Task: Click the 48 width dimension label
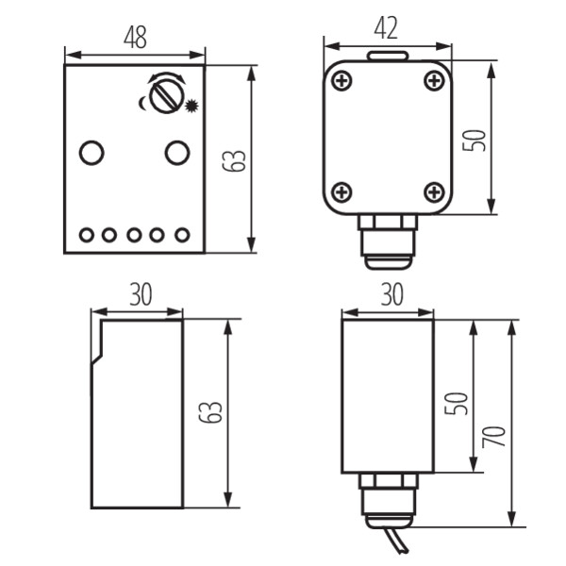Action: coord(135,37)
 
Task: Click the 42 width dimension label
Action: coord(386,28)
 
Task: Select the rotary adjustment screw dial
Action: coord(166,96)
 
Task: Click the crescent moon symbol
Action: coord(142,103)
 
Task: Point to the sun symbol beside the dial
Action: coord(191,106)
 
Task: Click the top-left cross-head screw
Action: coord(341,81)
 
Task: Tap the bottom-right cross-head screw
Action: coord(434,192)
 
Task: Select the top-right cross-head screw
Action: coord(434,81)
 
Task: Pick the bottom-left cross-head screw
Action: coord(341,192)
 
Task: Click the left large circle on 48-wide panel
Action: coord(92,153)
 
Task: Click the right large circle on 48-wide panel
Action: coord(177,153)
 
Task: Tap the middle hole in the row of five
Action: coord(134,235)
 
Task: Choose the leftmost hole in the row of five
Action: coord(87,235)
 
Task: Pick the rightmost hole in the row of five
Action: coord(182,235)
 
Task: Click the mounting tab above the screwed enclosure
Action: coord(388,56)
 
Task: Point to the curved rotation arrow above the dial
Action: coord(166,76)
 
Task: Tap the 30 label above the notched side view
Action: coord(141,294)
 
